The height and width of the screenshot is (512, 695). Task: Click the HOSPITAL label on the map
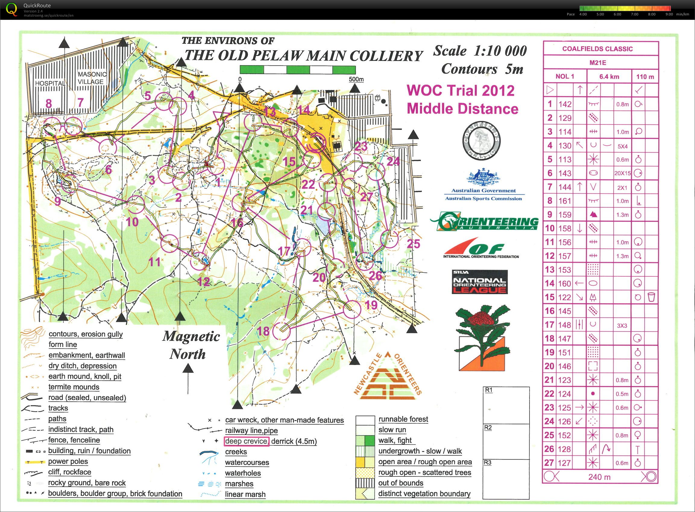50,83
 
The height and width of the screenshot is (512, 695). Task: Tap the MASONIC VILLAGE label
92,78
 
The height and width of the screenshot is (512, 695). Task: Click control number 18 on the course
264,331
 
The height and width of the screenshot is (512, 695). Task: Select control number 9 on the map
58,201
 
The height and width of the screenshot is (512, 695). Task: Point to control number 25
414,244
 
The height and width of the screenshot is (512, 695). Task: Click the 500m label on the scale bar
356,79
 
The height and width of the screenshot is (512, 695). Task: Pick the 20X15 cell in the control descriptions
622,173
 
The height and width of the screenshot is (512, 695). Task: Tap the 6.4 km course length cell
609,77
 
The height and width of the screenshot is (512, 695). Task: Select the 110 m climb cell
645,77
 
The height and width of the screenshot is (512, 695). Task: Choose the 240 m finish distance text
599,477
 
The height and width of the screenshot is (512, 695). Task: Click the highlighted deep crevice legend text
246,441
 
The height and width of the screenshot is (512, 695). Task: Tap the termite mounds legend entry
74,387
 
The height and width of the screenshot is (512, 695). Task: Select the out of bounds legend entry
401,483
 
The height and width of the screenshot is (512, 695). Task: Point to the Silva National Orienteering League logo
479,282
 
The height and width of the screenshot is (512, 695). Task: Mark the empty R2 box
506,441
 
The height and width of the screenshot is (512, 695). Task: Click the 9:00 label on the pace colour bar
669,14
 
